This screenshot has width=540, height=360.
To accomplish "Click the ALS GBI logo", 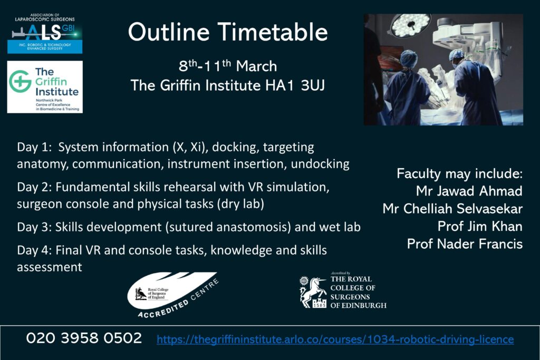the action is click(45, 33).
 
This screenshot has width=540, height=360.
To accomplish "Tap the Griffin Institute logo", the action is click(45, 87).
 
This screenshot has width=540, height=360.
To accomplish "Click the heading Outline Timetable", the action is click(228, 32).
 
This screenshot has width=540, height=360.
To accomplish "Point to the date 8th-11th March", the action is click(228, 65).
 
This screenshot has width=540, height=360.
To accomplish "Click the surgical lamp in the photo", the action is click(410, 24).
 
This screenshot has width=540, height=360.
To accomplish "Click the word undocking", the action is click(320, 164).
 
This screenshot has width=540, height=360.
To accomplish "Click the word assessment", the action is click(50, 267).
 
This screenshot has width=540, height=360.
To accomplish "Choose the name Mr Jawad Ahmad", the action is click(469, 191).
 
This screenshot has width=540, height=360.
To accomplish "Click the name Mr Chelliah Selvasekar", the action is click(452, 209).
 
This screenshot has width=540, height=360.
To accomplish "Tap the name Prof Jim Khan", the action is click(480, 226).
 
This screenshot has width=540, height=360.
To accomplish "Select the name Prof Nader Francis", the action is click(465, 244).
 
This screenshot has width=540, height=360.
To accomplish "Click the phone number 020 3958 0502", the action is click(84, 338).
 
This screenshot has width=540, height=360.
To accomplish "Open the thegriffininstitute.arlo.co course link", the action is click(335, 339).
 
